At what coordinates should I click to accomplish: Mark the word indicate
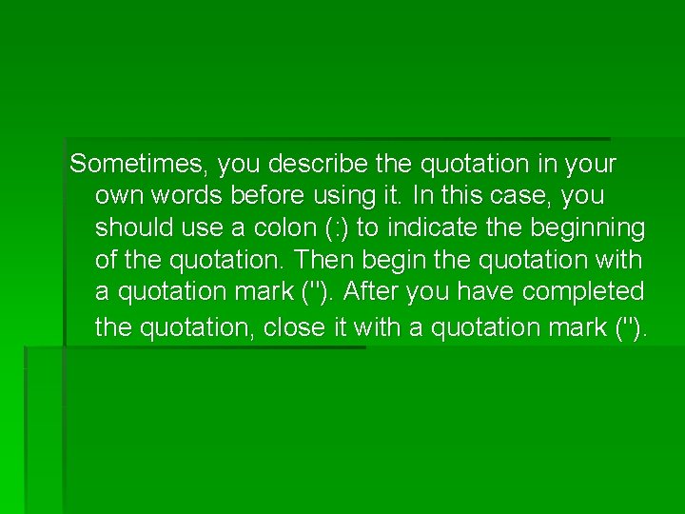click(428, 228)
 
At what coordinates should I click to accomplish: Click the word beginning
click(587, 228)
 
